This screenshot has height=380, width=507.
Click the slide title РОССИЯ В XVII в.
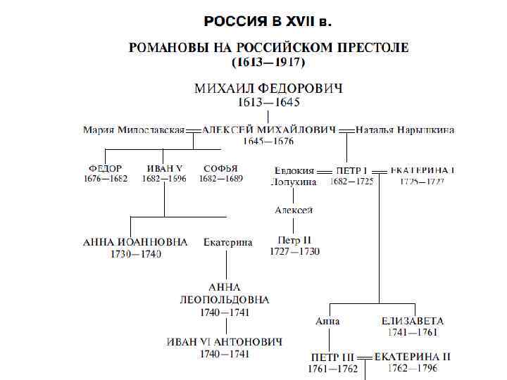267,21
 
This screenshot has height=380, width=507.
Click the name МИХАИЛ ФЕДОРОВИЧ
268,89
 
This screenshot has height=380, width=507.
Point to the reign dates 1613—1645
268,102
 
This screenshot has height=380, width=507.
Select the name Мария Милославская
134,129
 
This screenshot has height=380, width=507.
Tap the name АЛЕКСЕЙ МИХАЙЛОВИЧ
268,129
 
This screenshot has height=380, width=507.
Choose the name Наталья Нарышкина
405,129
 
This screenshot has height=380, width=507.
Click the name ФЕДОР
105,169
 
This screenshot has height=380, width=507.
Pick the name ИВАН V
165,169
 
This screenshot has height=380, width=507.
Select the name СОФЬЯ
220,169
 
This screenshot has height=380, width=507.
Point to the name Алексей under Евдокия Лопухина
294,210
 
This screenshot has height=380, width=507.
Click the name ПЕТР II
294,240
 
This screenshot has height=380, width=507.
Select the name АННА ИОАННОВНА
135,242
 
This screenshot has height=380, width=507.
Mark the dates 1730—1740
135,254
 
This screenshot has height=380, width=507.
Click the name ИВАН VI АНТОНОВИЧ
225,342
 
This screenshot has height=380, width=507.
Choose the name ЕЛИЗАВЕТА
413,321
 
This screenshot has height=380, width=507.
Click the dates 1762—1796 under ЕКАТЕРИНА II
412,368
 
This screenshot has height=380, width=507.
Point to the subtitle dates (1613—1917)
268,62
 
